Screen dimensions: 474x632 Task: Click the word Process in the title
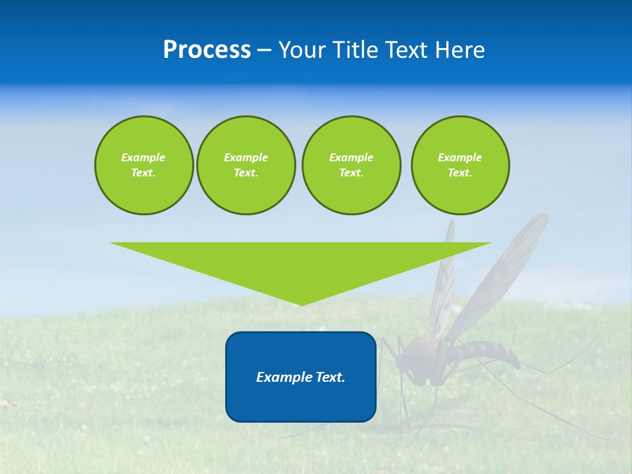207,50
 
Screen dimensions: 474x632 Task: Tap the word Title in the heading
354,50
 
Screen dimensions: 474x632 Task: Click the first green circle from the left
144,165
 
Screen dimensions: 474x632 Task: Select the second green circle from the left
246,165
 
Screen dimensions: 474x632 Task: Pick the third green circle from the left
351,165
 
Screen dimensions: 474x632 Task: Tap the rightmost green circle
460,165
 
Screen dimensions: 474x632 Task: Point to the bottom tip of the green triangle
301,304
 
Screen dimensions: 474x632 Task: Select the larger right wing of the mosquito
504,270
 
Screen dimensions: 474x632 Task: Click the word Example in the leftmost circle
144,157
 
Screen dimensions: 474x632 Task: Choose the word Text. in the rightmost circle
460,173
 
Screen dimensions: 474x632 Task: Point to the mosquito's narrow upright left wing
443,283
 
